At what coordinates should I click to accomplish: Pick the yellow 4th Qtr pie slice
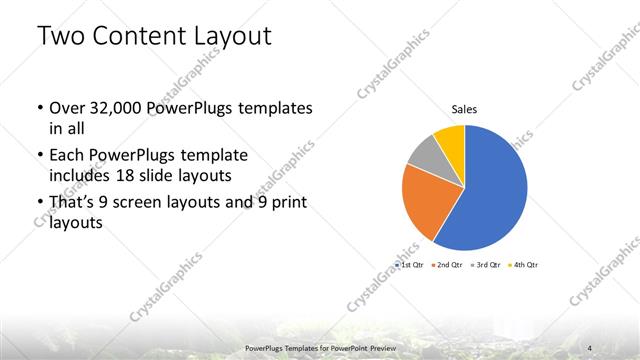click(451, 137)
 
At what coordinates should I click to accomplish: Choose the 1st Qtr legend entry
click(411, 265)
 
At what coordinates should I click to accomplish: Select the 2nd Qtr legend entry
click(447, 265)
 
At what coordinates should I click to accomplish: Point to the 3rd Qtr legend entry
click(486, 265)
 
